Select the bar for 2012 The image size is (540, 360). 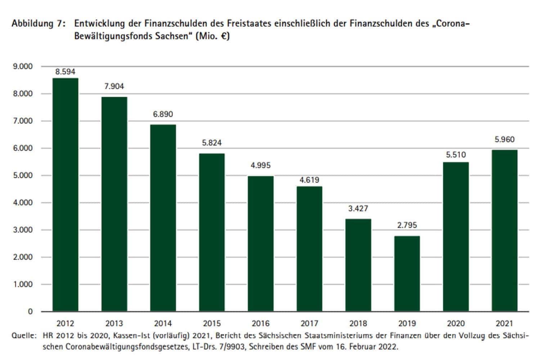coord(65,194)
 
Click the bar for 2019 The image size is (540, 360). coord(407,274)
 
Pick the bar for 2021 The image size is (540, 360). coord(504,230)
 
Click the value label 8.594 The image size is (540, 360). coord(65,72)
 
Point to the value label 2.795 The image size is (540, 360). coord(407,225)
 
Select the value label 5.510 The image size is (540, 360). coord(456,155)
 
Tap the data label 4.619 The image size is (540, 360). coord(309,180)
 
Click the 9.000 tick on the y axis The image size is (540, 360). coord(23,67)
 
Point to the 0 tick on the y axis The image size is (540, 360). coord(30,312)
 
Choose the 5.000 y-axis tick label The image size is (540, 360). coord(23,176)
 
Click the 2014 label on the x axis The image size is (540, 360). coord(163,323)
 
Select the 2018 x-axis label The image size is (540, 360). coord(358,323)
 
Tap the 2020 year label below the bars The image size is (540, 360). coord(456,323)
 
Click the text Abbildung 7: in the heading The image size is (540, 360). coord(39,24)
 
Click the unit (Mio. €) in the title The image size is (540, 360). coord(212,37)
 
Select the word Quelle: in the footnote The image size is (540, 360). coord(24,336)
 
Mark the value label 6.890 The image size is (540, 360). coord(163,114)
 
